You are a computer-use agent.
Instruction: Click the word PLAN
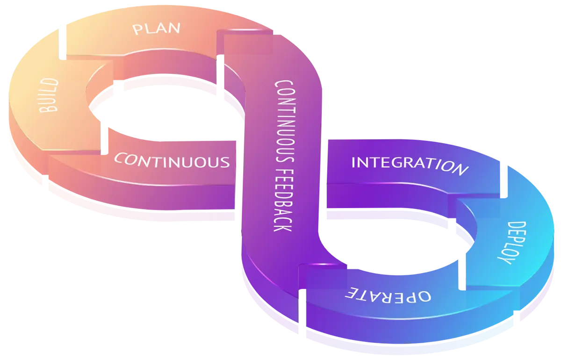click(156, 29)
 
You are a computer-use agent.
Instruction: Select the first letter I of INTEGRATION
click(354, 162)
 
